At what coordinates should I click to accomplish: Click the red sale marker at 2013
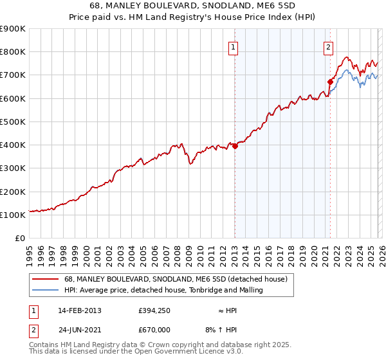pos(235,146)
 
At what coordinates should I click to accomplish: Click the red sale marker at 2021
pos(330,82)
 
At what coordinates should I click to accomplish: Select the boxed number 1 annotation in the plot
pos(232,46)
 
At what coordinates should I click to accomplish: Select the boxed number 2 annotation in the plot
pos(328,46)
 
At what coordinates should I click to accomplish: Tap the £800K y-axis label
pos(13,51)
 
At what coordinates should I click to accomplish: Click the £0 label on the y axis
pos(19,238)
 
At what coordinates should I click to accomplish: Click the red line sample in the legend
pos(46,279)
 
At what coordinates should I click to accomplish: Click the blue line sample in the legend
pos(46,291)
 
